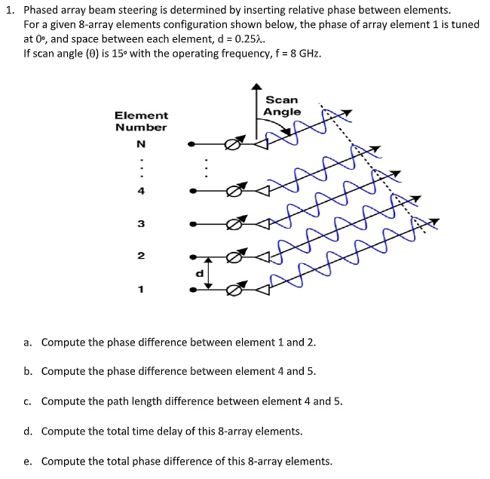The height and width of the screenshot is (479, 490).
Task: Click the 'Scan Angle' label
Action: click(282, 106)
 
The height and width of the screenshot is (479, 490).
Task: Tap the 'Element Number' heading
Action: click(141, 121)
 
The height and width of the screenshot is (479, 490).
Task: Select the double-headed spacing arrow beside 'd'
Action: click(210, 272)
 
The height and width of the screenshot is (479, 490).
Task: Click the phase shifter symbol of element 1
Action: click(235, 290)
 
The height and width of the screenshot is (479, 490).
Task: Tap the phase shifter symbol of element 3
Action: click(235, 224)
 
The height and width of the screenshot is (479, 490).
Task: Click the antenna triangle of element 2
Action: click(263, 256)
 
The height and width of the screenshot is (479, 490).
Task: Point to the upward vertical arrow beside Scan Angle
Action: click(254, 113)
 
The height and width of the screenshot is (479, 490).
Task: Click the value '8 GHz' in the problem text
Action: click(293, 55)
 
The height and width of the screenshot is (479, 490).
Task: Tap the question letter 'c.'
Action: click(28, 401)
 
